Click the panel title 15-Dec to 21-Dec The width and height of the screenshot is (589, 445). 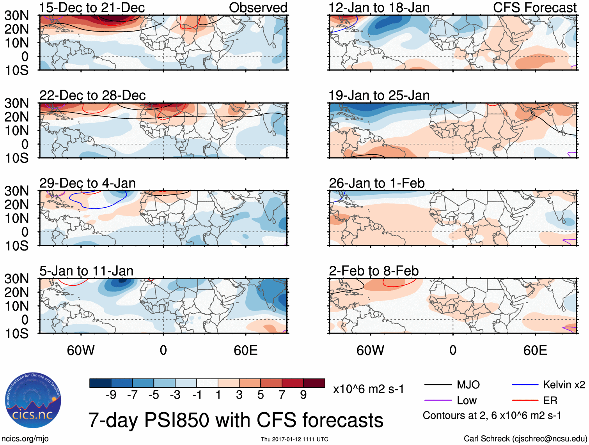[x=92, y=8]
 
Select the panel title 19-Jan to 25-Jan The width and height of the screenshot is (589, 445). [x=379, y=95]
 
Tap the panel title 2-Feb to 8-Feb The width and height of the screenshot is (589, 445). [x=374, y=271]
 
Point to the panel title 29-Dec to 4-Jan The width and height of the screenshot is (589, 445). [x=87, y=183]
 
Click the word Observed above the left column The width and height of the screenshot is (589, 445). [x=258, y=8]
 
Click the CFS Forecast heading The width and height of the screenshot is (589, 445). [x=534, y=8]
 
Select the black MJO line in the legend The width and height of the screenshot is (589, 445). [x=438, y=385]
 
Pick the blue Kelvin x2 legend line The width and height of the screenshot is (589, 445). [x=525, y=385]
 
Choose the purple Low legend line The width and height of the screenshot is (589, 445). [x=438, y=401]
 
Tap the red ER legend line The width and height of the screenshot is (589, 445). [x=525, y=401]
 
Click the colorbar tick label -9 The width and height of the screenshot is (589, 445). [x=111, y=395]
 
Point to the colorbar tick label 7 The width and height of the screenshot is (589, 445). [x=282, y=395]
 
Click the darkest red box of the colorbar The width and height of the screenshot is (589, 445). [x=314, y=383]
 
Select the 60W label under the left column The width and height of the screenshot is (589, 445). [x=81, y=350]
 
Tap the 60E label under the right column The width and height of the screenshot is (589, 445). [x=535, y=350]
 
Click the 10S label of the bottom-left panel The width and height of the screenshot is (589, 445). [x=16, y=334]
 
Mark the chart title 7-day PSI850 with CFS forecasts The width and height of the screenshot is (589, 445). [x=236, y=420]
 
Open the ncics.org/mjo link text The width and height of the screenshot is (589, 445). [x=25, y=439]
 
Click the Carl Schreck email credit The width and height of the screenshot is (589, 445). [x=525, y=439]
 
